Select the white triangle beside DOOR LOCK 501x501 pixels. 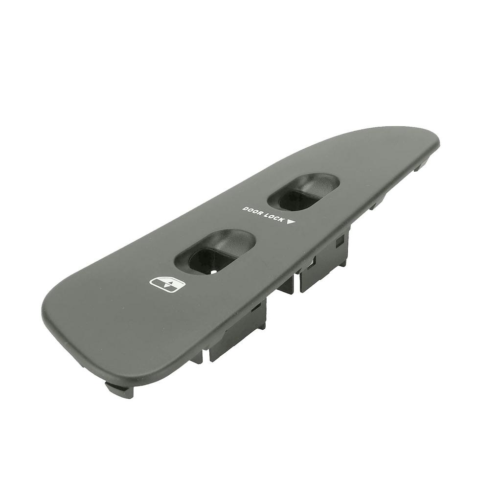tap(291, 223)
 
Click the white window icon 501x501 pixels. tap(166, 283)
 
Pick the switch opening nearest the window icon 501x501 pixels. tap(215, 251)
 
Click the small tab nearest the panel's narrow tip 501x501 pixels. tap(419, 166)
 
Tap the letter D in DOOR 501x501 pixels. tap(245, 208)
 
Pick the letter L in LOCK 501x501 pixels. tap(267, 215)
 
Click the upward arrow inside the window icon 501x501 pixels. tap(173, 281)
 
